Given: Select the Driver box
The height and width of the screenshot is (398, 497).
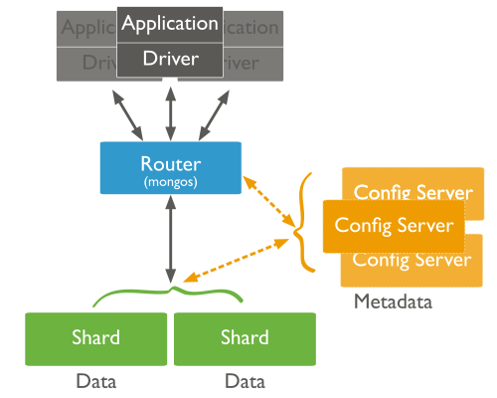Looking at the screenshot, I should point(169,60).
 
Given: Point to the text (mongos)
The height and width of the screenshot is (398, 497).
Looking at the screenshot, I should point(171,183).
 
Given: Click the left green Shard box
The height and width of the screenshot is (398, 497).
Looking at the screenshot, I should point(96,337).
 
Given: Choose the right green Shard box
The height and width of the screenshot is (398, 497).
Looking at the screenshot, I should point(245,337).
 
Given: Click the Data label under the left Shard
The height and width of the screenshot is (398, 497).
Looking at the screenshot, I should point(96,381).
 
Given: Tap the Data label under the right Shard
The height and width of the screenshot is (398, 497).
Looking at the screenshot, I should point(245,381).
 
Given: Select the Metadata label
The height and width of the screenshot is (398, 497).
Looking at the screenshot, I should point(393,301).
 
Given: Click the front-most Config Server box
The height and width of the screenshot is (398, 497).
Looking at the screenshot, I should point(394,226).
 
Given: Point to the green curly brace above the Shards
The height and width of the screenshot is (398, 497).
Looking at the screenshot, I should point(169,295).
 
